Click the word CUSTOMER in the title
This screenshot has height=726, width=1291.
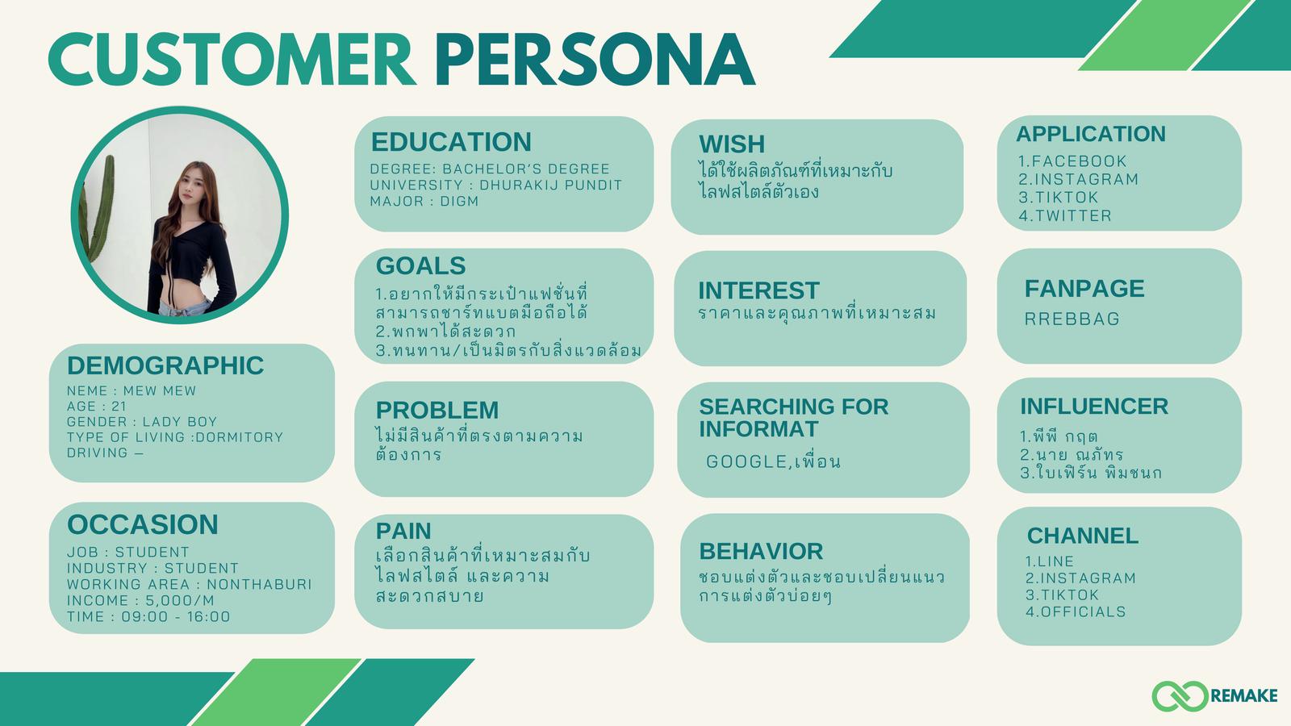point(232,60)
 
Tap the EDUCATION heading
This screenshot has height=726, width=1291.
point(451,142)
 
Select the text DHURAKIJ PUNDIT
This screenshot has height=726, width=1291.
point(551,185)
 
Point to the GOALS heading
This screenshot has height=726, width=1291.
point(420,265)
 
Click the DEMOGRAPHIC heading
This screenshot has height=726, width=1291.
point(165,365)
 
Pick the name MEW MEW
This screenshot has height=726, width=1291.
point(160,390)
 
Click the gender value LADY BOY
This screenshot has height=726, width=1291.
point(180,422)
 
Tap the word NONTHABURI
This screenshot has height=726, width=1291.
point(259,584)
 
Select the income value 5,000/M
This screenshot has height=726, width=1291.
point(180,600)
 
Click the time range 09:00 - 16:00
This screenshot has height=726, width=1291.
point(176,616)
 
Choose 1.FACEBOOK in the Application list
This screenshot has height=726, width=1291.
point(1072,161)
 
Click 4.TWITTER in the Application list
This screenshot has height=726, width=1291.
point(1065,215)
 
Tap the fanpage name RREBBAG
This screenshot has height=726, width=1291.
point(1072,319)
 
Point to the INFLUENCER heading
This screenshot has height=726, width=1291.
point(1094,407)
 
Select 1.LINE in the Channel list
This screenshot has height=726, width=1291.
point(1050,561)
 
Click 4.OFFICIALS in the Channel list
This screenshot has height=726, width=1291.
point(1076,611)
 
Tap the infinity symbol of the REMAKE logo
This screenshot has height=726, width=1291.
point(1180,696)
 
